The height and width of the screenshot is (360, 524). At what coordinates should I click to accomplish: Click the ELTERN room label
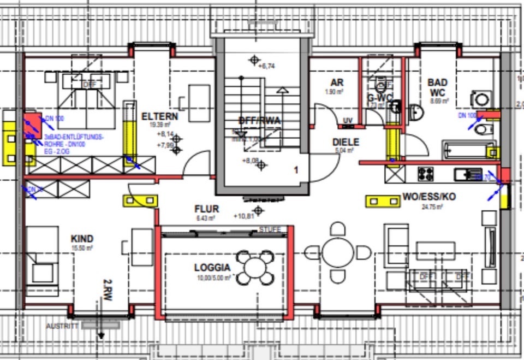click(x=159, y=116)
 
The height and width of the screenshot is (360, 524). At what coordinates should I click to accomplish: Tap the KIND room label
click(x=82, y=239)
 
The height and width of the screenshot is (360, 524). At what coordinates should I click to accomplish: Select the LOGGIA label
click(x=212, y=268)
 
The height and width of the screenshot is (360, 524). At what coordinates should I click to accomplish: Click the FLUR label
click(x=206, y=209)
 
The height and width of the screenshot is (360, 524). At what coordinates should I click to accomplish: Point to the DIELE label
click(x=346, y=142)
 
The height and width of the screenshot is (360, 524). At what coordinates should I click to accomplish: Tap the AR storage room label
click(x=337, y=82)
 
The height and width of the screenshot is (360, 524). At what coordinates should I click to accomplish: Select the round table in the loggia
click(x=254, y=267)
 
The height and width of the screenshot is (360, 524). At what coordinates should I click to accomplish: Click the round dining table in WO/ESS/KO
click(x=337, y=252)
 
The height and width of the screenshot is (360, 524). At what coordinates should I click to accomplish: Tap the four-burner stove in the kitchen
click(x=426, y=174)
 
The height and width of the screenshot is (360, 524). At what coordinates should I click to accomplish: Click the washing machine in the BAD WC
click(x=481, y=99)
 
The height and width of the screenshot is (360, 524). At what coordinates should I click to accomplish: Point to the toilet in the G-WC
click(x=380, y=85)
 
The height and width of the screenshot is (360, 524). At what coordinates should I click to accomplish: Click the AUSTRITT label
click(x=62, y=326)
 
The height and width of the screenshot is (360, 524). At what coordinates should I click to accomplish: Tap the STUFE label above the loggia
click(x=270, y=229)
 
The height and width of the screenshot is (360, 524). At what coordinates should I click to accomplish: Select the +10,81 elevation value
click(x=245, y=216)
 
